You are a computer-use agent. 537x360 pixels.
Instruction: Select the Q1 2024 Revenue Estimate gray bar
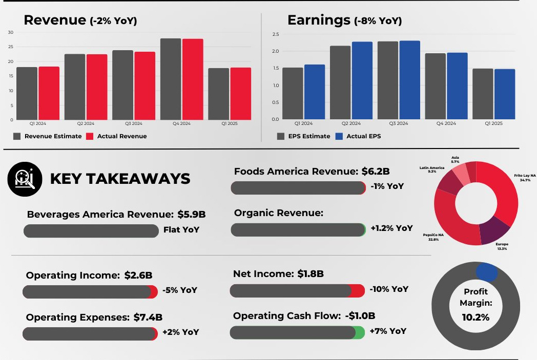coord(27,93)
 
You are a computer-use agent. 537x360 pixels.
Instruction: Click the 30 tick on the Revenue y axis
coord(11,32)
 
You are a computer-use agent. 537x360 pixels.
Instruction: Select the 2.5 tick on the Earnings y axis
coord(275,34)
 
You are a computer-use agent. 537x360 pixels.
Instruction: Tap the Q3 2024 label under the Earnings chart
coord(399,123)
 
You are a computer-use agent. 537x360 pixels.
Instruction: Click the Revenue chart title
coord(55,20)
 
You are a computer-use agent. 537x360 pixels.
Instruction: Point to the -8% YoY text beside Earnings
coord(378,21)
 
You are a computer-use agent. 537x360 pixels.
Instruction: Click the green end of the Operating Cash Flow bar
coord(359,332)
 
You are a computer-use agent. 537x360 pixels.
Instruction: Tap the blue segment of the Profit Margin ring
coord(486,272)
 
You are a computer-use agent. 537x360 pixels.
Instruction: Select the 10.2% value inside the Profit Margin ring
coord(476,317)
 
